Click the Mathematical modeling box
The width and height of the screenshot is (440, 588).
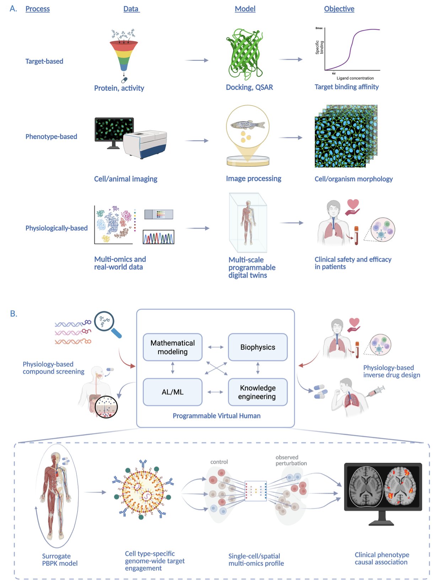(172, 347)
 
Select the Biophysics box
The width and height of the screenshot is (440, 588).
(258, 347)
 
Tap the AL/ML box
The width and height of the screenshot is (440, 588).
(172, 392)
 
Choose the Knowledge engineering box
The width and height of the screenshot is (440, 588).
(258, 392)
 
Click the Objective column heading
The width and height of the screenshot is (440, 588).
(339, 9)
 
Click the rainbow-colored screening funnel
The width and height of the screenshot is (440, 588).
(124, 55)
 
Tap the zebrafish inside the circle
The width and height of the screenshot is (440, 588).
(248, 124)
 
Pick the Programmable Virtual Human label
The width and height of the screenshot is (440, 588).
(216, 416)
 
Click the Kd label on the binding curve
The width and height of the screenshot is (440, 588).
(334, 73)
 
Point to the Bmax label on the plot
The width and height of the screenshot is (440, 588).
(319, 28)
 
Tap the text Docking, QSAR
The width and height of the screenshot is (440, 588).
(249, 87)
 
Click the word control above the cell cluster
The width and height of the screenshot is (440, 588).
(219, 462)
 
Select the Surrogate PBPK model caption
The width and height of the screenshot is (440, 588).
(60, 560)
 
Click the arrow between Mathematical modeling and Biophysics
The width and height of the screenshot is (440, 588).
(216, 347)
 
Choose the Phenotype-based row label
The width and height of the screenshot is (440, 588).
(51, 137)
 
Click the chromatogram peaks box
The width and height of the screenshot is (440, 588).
(159, 237)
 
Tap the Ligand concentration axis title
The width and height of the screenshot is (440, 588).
(355, 78)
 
